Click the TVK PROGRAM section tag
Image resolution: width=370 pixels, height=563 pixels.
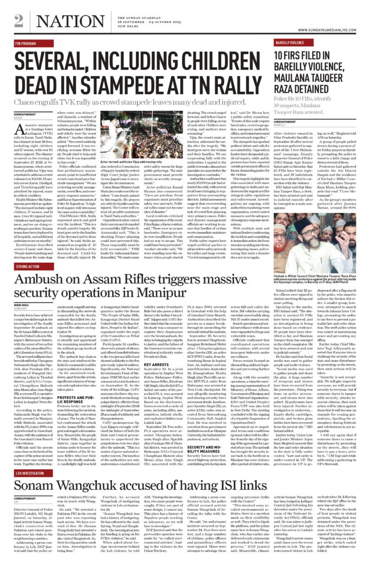coord(26,42)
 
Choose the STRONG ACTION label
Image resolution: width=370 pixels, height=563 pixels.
coord(28,267)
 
